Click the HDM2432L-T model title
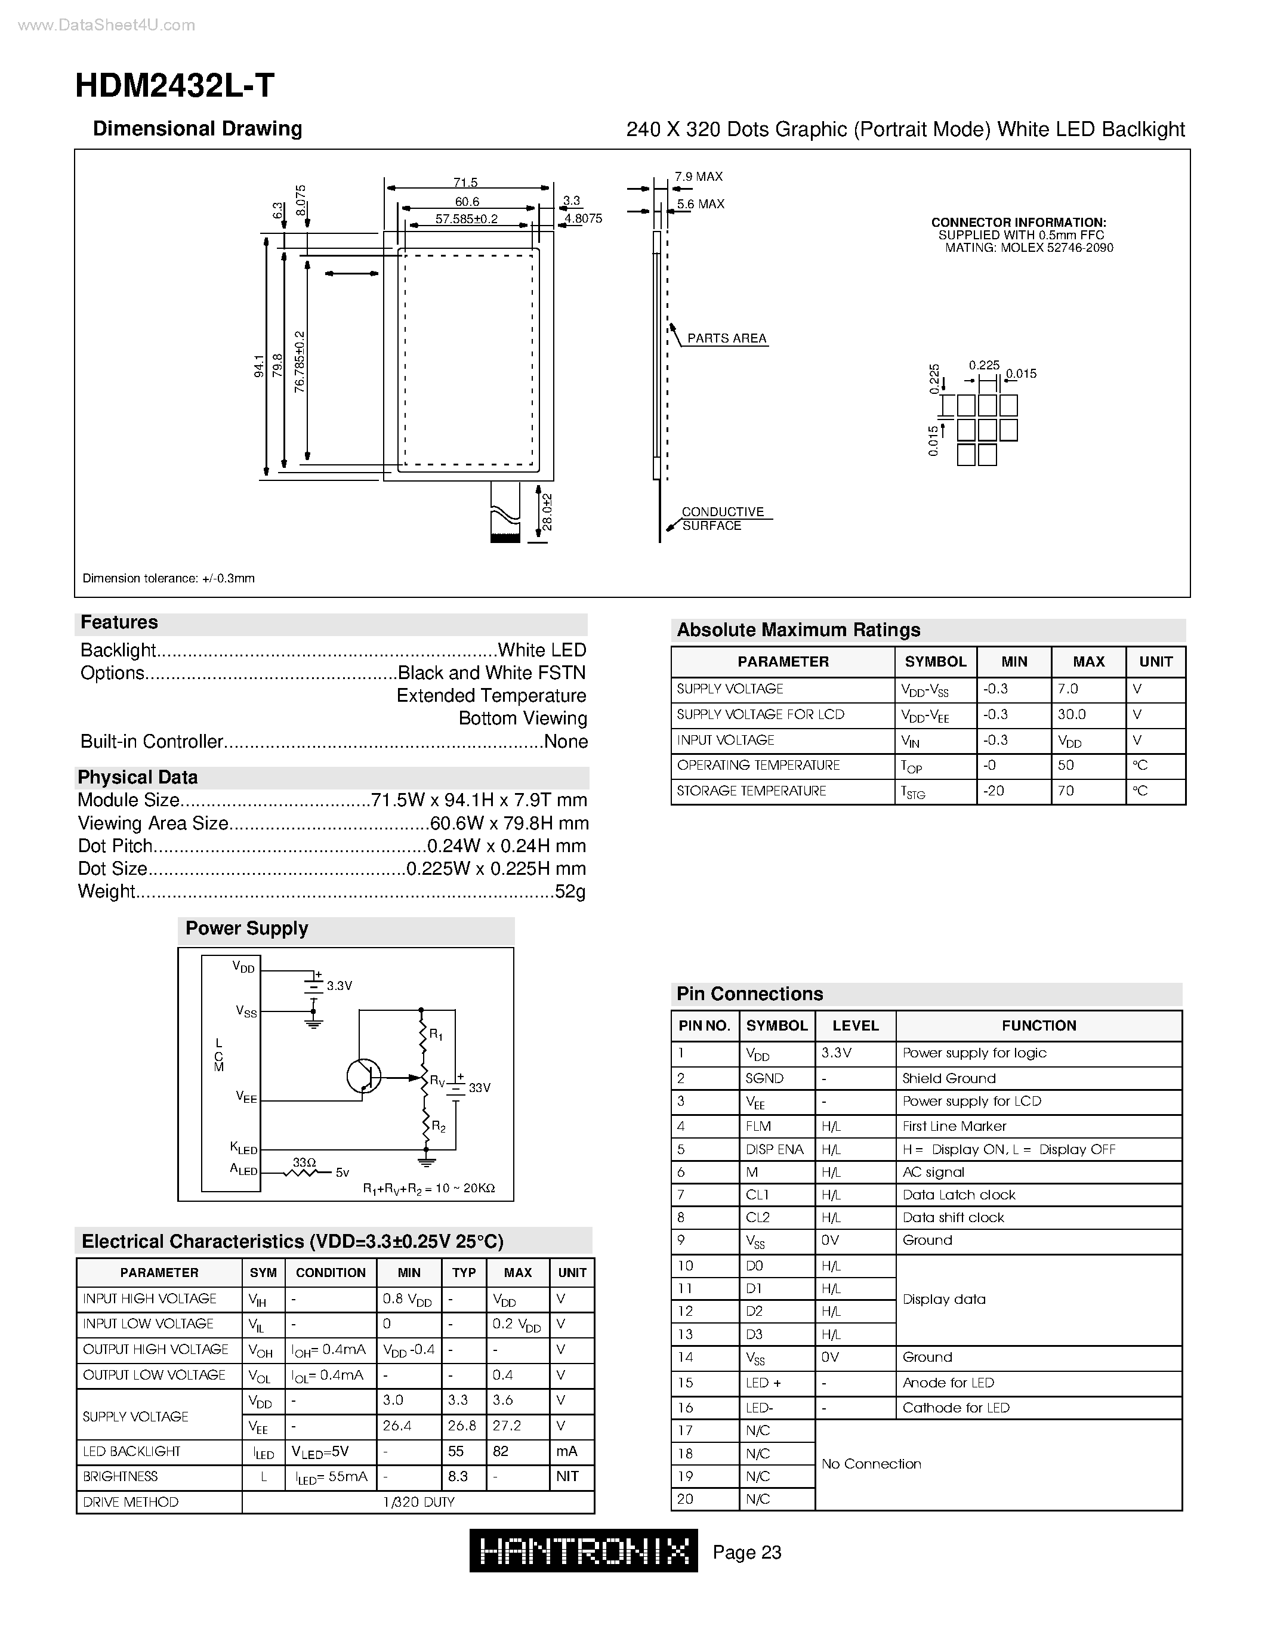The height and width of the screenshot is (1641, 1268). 174,86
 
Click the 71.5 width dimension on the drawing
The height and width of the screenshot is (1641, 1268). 465,183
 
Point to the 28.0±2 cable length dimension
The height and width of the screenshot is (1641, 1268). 548,511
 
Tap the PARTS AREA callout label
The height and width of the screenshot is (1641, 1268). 726,338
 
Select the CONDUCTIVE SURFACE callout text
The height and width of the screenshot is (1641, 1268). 721,519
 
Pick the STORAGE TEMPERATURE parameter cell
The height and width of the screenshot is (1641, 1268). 751,791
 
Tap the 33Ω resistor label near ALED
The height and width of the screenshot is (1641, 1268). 304,1162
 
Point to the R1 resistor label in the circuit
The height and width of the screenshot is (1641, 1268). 436,1035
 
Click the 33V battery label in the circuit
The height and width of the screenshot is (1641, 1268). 479,1088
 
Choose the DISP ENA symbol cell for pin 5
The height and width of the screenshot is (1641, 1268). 775,1150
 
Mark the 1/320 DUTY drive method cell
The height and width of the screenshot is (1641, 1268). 418,1502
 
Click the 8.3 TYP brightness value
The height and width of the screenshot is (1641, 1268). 458,1476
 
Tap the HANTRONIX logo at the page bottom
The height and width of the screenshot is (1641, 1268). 583,1550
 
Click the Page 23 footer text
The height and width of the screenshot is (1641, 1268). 746,1552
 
